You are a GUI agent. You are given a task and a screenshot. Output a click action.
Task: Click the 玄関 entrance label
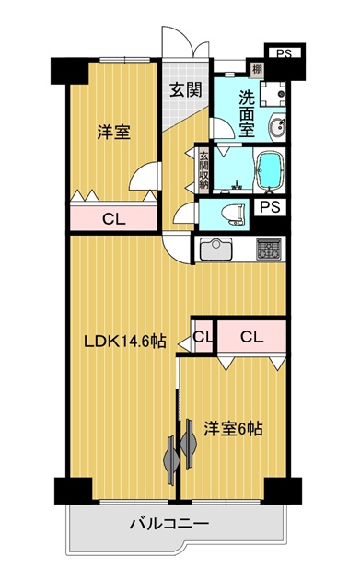(186, 89)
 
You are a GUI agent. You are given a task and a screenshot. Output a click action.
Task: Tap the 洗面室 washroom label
(247, 113)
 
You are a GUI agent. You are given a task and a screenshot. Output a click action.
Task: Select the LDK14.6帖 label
(125, 341)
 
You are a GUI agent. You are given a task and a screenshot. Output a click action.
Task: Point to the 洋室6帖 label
(234, 429)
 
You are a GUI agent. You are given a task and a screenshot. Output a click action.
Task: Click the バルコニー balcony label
(169, 524)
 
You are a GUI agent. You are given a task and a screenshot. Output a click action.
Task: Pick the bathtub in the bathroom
(270, 170)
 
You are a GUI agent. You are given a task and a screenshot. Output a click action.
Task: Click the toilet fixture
(234, 215)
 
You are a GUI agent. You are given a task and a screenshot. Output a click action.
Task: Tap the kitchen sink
(216, 249)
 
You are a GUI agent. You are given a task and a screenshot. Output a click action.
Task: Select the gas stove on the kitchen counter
(269, 249)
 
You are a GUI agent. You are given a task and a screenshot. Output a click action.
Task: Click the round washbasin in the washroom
(277, 127)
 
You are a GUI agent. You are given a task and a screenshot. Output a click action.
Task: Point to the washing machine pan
(273, 94)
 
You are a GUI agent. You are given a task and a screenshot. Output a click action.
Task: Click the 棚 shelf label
(256, 68)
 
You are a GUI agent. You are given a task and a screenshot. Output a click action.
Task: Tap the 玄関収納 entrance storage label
(203, 170)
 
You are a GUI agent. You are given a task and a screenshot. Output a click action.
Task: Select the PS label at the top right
(285, 54)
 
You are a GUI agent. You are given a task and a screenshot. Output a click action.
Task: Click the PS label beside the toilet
(271, 207)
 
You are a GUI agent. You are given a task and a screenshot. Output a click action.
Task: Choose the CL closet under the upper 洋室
(114, 218)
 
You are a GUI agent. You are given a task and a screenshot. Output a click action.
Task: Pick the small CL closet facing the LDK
(203, 336)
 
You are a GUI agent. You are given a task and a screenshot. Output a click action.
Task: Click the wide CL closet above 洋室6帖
(252, 336)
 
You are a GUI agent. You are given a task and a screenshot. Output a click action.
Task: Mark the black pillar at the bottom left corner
(74, 491)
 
